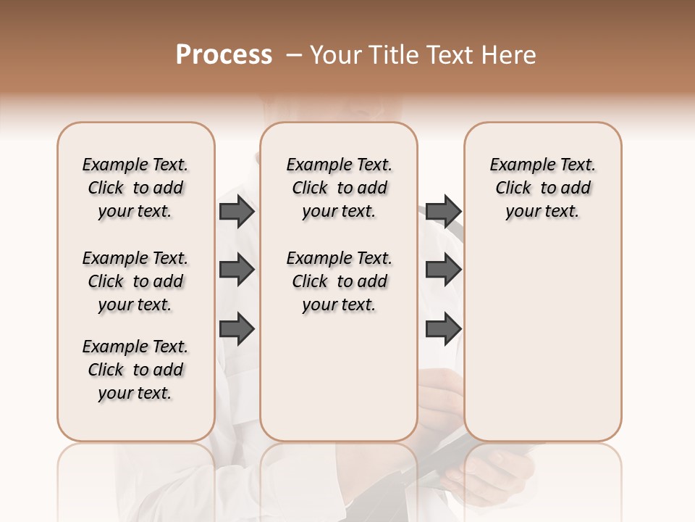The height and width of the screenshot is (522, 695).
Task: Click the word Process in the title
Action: click(x=224, y=55)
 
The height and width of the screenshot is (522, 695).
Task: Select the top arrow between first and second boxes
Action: click(x=237, y=211)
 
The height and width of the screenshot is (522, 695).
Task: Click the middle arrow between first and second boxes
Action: click(x=237, y=270)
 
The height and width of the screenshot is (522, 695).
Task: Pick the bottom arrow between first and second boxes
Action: click(x=237, y=328)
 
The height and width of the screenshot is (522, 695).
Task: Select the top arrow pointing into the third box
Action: click(x=443, y=211)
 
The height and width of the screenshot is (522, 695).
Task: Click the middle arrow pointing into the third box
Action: click(x=443, y=270)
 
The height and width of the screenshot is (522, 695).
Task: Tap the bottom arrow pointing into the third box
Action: click(x=443, y=328)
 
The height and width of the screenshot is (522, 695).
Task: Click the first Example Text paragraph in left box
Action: click(x=135, y=188)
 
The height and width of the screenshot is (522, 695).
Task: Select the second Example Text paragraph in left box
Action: click(x=135, y=281)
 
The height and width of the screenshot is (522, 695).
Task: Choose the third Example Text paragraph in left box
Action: click(x=135, y=370)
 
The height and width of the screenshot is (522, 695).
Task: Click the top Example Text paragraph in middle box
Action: click(x=339, y=188)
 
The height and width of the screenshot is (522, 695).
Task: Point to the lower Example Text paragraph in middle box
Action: click(x=339, y=281)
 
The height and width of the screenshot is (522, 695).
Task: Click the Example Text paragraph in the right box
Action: click(x=542, y=188)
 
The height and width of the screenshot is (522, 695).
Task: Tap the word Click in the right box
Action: click(x=513, y=188)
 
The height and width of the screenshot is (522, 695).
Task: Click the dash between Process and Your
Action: click(x=293, y=55)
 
